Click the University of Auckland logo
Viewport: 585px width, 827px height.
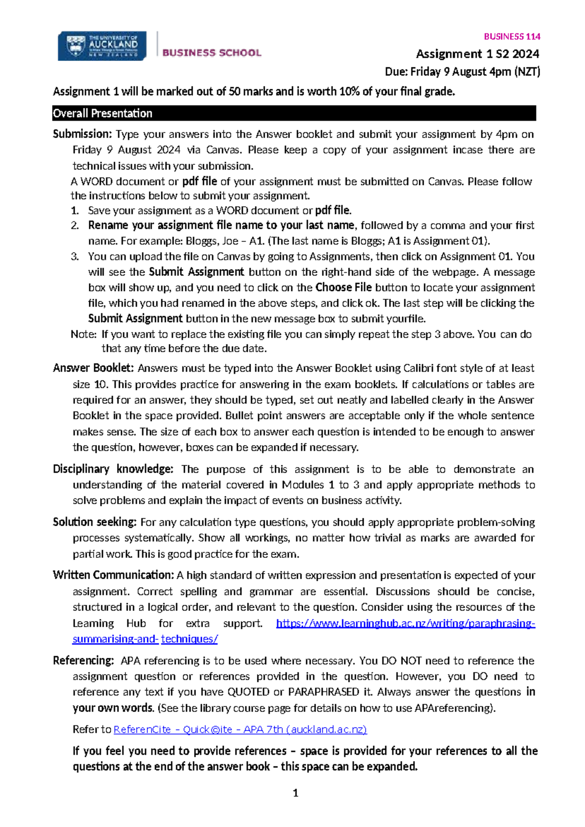102,46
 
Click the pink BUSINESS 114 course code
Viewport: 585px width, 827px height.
512,37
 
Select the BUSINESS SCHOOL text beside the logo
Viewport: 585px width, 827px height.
212,53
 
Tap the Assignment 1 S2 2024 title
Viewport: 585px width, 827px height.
477,54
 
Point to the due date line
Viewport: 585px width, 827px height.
462,72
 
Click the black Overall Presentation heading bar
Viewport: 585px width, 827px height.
294,113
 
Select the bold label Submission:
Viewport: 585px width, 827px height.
82,134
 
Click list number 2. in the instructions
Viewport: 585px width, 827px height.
75,225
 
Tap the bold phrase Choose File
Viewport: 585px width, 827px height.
343,287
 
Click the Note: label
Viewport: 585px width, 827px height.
83,334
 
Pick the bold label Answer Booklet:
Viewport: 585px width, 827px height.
93,368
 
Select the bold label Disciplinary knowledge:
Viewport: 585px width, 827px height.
113,469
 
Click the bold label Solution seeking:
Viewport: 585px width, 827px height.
95,522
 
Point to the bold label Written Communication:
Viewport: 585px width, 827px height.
113,575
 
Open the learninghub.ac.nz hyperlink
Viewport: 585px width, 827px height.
405,623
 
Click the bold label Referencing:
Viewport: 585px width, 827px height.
83,661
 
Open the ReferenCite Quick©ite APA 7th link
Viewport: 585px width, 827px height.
240,729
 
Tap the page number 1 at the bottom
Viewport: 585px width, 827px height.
295,793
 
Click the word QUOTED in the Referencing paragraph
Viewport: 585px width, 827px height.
249,692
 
